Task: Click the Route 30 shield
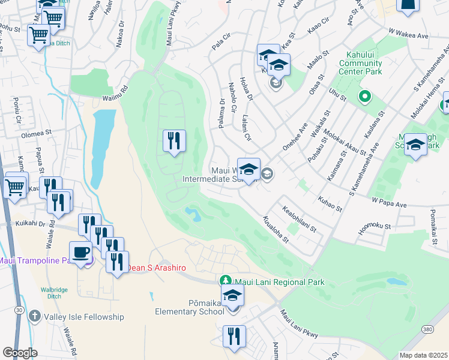point(20,309)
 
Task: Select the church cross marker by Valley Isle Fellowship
point(35,316)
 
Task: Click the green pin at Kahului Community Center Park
point(364,96)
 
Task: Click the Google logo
point(20,352)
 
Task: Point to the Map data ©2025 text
point(423,355)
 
